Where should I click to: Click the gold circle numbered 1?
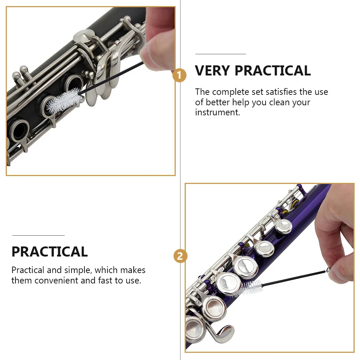179,75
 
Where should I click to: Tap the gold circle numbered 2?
180,256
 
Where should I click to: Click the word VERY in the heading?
213,71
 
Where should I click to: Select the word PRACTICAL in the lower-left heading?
50,252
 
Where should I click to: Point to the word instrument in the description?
217,112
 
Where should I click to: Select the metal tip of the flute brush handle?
327,270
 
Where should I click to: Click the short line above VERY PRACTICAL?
220,54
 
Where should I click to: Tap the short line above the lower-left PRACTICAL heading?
38,235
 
